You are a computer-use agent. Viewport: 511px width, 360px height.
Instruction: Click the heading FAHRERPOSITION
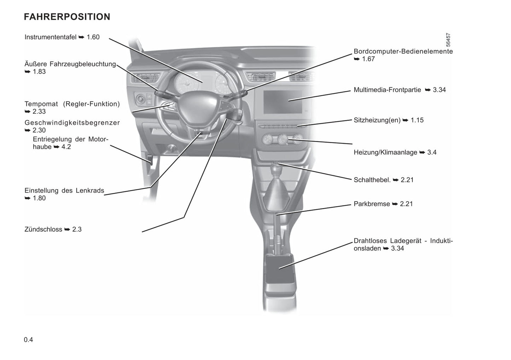pyautogui.click(x=67, y=17)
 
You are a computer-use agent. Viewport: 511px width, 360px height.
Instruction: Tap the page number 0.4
pyautogui.click(x=29, y=340)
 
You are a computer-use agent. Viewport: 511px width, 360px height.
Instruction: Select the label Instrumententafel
pyautogui.click(x=51, y=37)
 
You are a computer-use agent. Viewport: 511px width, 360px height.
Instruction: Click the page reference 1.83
pyautogui.click(x=39, y=72)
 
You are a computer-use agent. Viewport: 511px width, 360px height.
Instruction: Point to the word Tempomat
pyautogui.click(x=41, y=104)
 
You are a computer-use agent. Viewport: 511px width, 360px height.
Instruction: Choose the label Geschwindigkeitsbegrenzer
pyautogui.click(x=72, y=123)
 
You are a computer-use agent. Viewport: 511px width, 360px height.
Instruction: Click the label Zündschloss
pyautogui.click(x=43, y=229)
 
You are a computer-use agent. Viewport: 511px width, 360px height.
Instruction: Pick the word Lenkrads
pyautogui.click(x=90, y=190)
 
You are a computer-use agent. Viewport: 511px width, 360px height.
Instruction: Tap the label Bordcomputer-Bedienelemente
pyautogui.click(x=403, y=51)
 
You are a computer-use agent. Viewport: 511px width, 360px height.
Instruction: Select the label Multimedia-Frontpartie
pyautogui.click(x=387, y=90)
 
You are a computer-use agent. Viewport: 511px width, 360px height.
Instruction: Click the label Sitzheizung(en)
pyautogui.click(x=377, y=120)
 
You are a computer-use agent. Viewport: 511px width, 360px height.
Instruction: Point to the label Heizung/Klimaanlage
pyautogui.click(x=385, y=152)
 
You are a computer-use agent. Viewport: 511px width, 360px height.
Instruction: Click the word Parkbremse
pyautogui.click(x=372, y=204)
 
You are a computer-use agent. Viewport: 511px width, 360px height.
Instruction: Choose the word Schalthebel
pyautogui.click(x=372, y=180)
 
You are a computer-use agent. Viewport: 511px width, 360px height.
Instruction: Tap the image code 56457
pyautogui.click(x=448, y=40)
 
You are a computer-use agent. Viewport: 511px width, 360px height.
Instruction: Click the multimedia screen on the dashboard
pyautogui.click(x=283, y=102)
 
